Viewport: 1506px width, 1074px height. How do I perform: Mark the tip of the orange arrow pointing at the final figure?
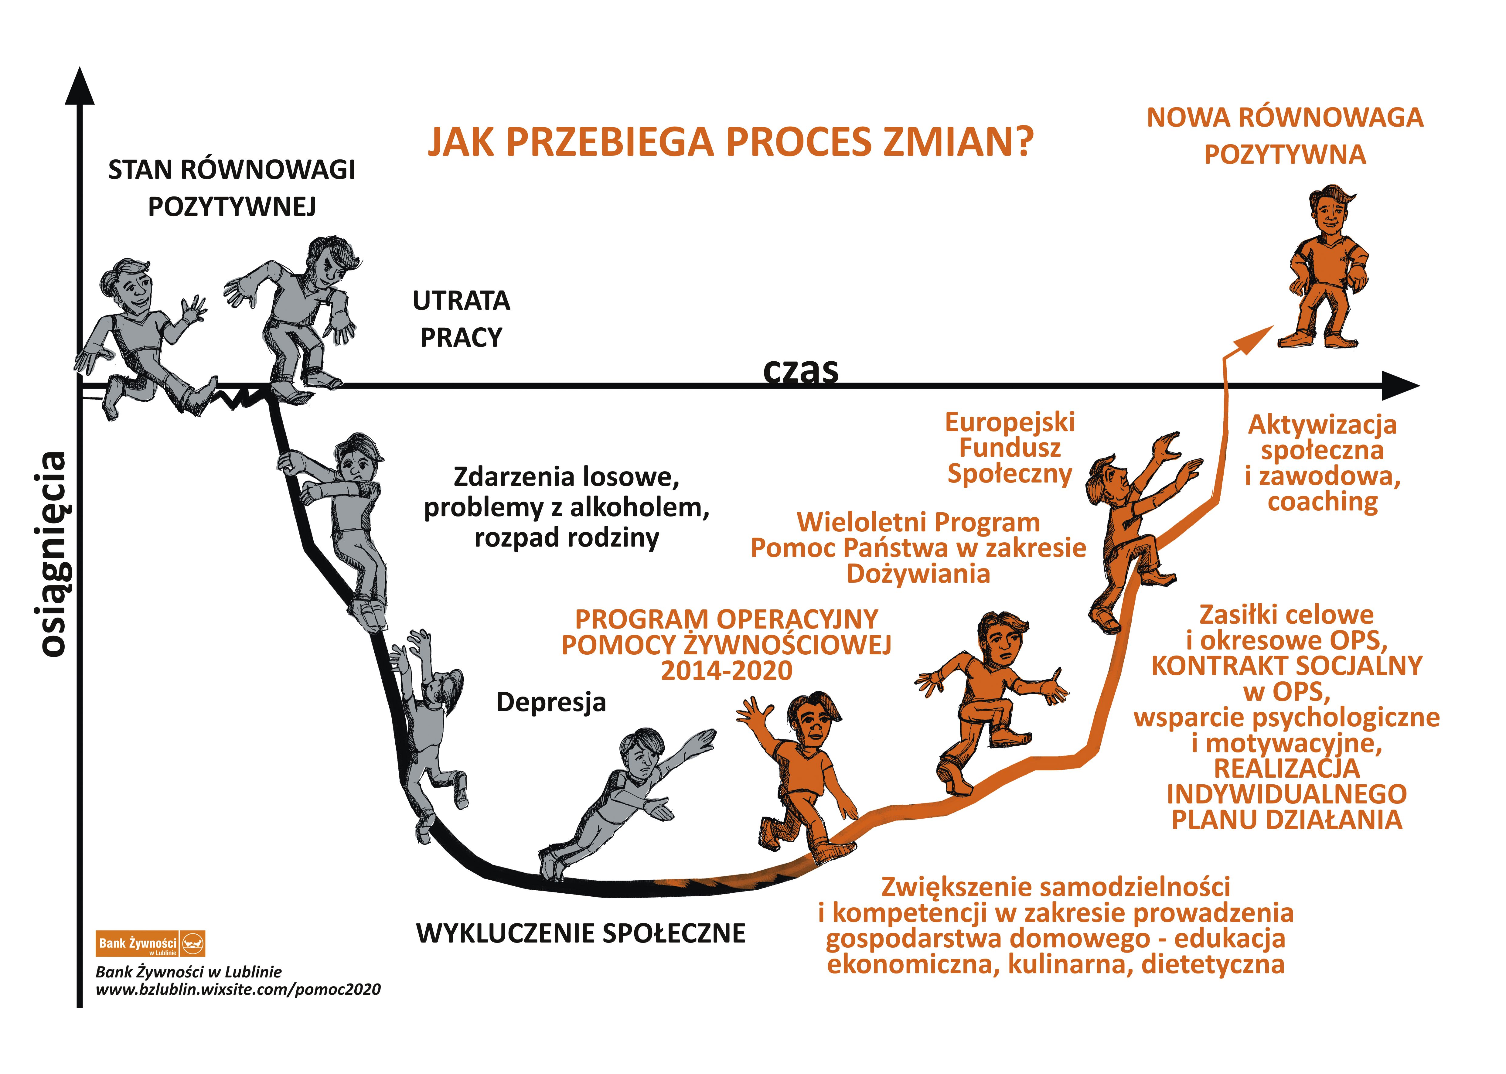point(1273,326)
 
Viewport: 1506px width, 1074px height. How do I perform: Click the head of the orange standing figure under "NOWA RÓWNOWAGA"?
point(1331,213)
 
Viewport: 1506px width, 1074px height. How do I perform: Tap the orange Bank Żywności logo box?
point(151,943)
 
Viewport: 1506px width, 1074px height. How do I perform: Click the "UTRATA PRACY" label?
point(462,319)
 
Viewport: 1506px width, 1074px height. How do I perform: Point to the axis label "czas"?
point(801,370)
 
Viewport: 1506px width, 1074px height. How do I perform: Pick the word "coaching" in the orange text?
point(1323,502)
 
